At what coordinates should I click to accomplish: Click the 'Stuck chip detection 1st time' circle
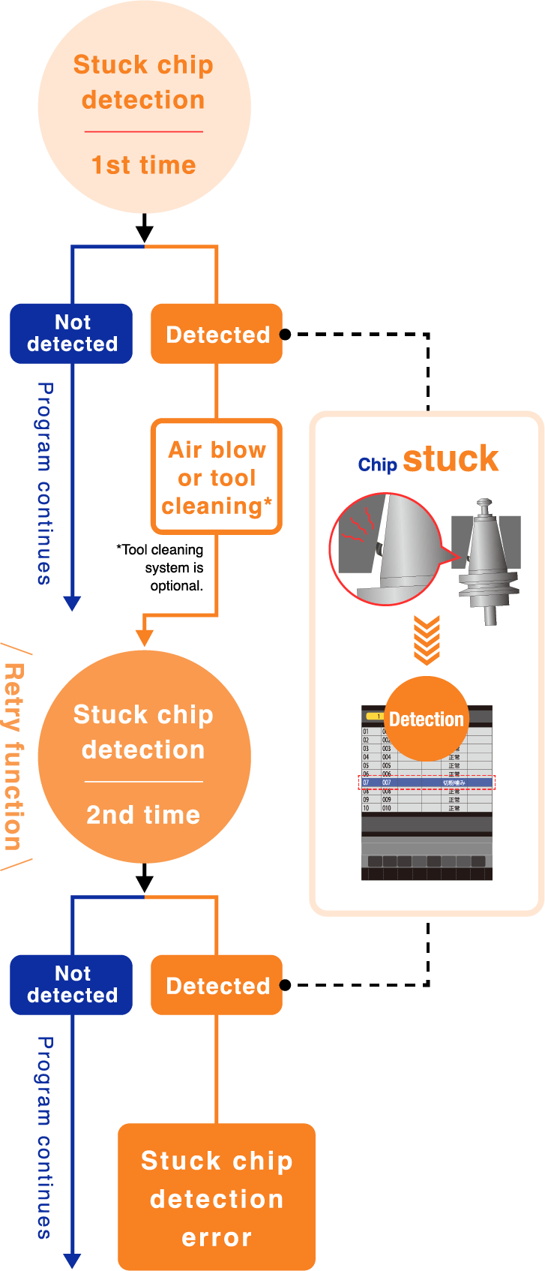(144, 107)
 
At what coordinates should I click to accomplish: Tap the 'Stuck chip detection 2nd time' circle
(144, 756)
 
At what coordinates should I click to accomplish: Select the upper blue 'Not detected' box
(72, 333)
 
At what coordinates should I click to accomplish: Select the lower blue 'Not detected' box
(72, 984)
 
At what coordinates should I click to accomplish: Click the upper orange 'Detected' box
(217, 334)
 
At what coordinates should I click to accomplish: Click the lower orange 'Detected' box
(217, 985)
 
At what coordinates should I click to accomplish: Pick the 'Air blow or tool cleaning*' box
(217, 477)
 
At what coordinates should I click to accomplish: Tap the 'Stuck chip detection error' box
(217, 1197)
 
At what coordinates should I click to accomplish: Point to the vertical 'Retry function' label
(13, 756)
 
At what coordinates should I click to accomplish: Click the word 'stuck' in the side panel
(451, 459)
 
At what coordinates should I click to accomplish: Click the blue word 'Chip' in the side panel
(377, 465)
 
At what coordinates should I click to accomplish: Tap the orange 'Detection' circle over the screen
(427, 719)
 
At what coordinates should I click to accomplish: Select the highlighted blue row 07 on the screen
(427, 783)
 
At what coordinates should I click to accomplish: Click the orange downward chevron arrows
(427, 640)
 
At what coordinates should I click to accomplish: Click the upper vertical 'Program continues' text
(45, 483)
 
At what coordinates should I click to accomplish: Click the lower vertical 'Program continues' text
(45, 1137)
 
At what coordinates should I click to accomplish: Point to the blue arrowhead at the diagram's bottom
(72, 1260)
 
